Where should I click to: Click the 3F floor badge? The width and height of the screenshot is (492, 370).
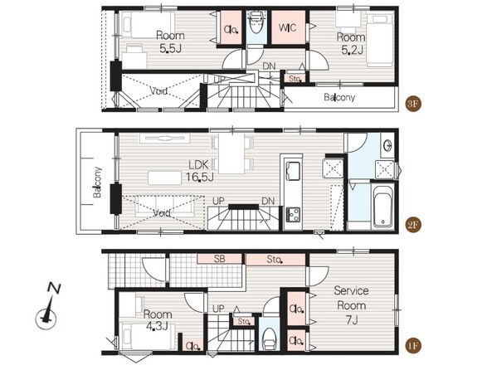[x=412, y=104]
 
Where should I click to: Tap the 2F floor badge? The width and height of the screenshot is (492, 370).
[x=412, y=225]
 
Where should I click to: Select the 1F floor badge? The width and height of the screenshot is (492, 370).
[x=412, y=345]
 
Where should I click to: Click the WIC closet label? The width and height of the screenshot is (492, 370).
[x=287, y=27]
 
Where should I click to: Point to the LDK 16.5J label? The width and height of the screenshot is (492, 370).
[x=200, y=171]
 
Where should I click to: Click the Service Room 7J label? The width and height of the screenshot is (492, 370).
[x=351, y=305]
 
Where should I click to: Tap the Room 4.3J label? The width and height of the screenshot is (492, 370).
[x=158, y=319]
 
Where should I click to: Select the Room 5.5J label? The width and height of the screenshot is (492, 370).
[x=170, y=41]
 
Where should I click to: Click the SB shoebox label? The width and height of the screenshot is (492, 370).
[x=219, y=259]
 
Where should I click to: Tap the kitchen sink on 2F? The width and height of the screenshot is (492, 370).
[x=293, y=171]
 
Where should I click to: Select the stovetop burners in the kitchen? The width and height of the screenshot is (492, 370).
[x=293, y=215]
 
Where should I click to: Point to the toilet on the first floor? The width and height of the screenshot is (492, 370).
[x=269, y=338]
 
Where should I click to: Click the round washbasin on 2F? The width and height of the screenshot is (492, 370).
[x=387, y=145]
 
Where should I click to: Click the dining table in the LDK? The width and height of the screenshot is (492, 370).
[x=231, y=153]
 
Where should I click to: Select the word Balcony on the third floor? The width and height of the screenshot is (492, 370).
[x=339, y=97]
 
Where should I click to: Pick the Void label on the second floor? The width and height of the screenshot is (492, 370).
[x=162, y=213]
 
